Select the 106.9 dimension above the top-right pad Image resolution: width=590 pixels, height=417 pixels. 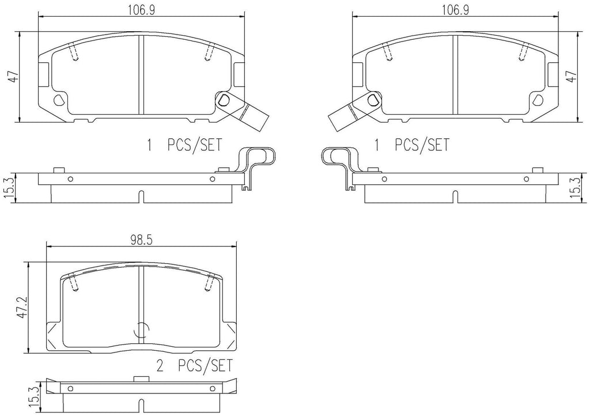(x=455, y=10)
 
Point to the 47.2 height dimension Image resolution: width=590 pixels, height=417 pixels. (x=22, y=307)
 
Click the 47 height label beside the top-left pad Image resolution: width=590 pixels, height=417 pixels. (x=14, y=77)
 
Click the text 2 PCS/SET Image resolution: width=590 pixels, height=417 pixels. (x=195, y=366)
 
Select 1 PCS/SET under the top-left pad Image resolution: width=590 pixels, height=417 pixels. (x=184, y=145)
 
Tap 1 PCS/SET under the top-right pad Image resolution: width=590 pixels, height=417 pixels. (x=411, y=145)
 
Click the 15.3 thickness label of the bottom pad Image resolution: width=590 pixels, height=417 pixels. (x=35, y=398)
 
